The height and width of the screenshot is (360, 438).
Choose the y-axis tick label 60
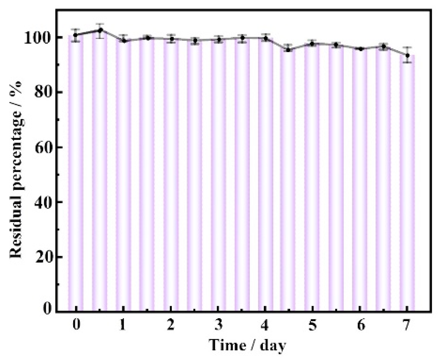pos(42,147)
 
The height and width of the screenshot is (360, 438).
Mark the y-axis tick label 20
pos(42,257)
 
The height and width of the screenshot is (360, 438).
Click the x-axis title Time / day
pos(247,345)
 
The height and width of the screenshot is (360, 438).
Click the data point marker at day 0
pos(76,35)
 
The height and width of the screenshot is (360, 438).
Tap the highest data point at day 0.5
pos(100,30)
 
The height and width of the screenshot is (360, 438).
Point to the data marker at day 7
pos(408,55)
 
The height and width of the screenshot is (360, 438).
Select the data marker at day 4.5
pos(289,50)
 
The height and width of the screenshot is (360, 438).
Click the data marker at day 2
pos(171,39)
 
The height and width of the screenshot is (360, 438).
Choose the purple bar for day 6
pos(360,179)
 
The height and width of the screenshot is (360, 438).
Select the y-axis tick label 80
pos(42,92)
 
